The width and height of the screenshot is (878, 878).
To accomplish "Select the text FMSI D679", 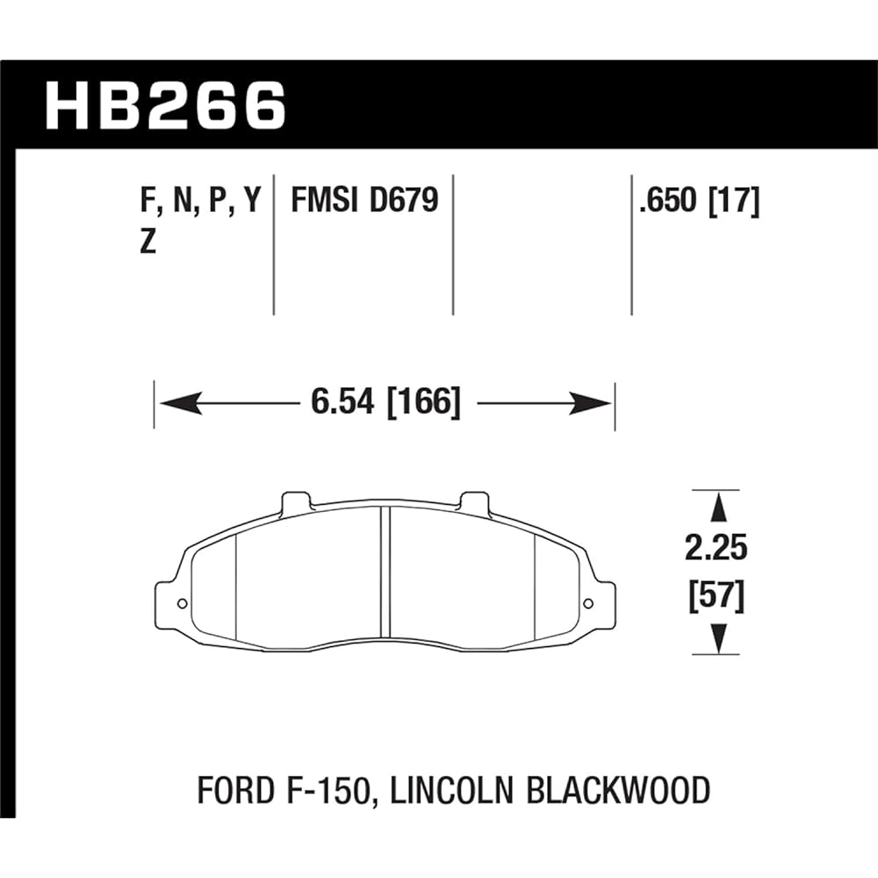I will pyautogui.click(x=363, y=201).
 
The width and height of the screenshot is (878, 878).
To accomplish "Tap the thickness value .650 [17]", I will pyautogui.click(x=699, y=201).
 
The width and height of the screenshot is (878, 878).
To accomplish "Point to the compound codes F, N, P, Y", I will pyautogui.click(x=200, y=202).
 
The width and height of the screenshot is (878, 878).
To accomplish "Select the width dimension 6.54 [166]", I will pyautogui.click(x=385, y=403).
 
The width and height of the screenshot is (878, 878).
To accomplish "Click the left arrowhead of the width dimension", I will pyautogui.click(x=176, y=404).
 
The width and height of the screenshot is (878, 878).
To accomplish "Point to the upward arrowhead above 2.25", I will pyautogui.click(x=718, y=507).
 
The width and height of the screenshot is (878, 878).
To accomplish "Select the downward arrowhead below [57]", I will pyautogui.click(x=718, y=638).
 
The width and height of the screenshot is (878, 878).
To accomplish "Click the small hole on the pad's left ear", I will pyautogui.click(x=181, y=603).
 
